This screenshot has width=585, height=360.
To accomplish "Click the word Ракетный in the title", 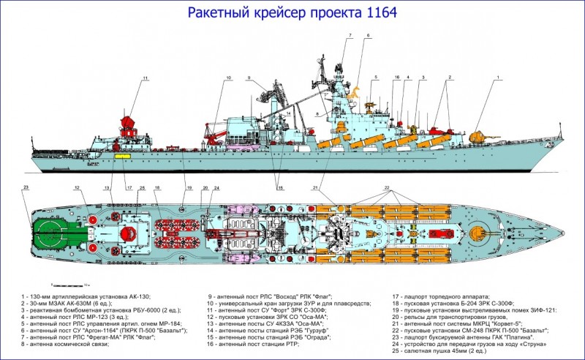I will coord(220,12).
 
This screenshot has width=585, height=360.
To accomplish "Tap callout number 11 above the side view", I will coord(145,78).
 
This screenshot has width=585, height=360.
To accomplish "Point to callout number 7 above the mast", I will coord(350,35).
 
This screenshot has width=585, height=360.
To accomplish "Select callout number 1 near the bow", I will coord(498,77).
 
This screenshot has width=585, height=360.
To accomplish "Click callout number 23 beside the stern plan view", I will coord(26,187).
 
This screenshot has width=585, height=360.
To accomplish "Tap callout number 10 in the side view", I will coord(228,78).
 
